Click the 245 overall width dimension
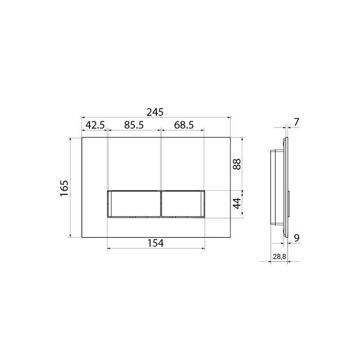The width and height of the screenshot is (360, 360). click(155, 112)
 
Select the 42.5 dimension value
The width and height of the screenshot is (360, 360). click(95, 125)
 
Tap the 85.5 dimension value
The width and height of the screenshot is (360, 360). click(134, 125)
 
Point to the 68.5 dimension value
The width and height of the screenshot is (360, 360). click(184, 125)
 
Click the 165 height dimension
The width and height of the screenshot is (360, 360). click(64, 188)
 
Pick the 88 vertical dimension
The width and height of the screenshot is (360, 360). click(237, 164)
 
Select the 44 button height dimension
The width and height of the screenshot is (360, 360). click(237, 203)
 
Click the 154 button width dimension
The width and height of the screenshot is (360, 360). click(155, 243)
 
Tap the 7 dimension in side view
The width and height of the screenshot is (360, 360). click(297, 122)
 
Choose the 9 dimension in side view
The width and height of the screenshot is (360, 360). click(297, 238)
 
